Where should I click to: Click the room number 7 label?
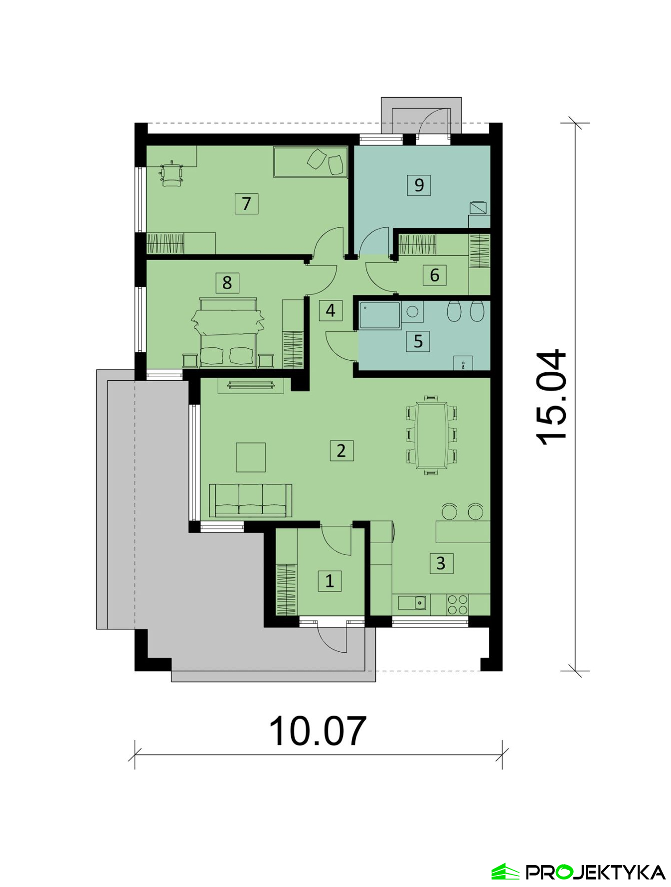coord(246,203)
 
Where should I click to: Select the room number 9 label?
coord(419,185)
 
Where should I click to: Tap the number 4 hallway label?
coord(331,310)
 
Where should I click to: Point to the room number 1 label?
coord(330,581)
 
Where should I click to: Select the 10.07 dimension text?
coord(318,731)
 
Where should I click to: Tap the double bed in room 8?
coord(228,332)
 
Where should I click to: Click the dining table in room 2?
coord(431,435)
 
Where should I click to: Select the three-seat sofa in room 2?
coord(251,500)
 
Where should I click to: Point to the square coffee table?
coord(251,457)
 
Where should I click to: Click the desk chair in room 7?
coord(171,173)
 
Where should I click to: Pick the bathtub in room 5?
coord(380,315)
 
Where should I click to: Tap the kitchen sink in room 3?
coord(412,602)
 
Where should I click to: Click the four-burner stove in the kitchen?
coord(458,604)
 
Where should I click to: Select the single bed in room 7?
coord(310,161)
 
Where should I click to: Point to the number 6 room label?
coord(434,275)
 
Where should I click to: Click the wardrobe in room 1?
coord(286,589)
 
